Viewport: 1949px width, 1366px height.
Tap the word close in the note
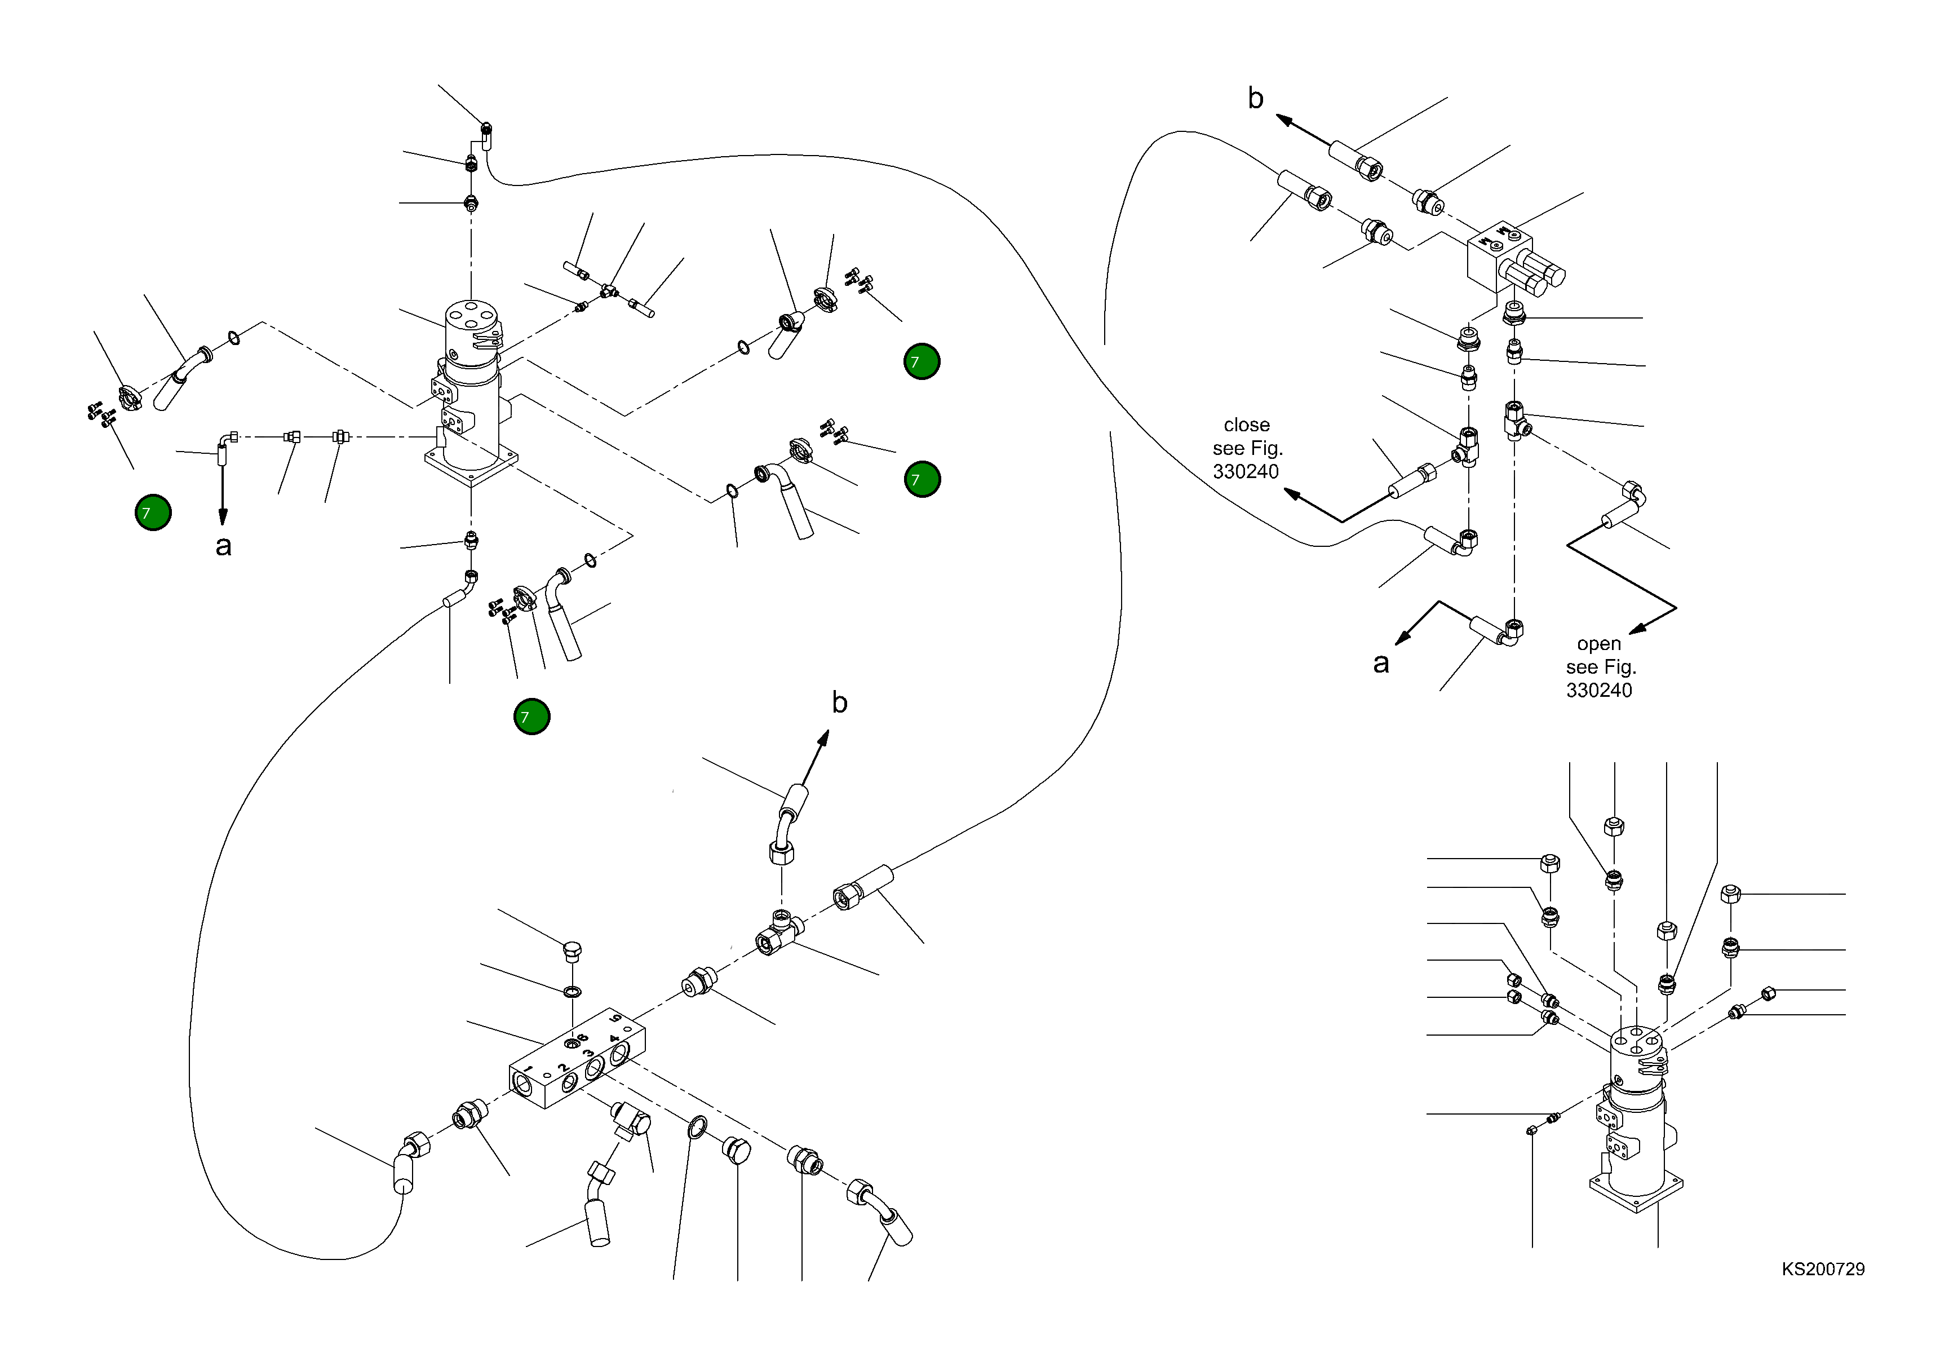[x=1246, y=425]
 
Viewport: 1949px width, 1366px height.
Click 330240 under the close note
[x=1245, y=472]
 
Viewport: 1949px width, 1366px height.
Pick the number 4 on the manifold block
[x=614, y=1037]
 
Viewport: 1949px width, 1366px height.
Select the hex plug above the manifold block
[x=572, y=950]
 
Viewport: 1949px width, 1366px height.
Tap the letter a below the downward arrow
[x=223, y=546]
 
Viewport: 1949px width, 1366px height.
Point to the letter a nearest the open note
[x=1381, y=663]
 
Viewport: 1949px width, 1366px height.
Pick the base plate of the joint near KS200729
[x=1636, y=1193]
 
